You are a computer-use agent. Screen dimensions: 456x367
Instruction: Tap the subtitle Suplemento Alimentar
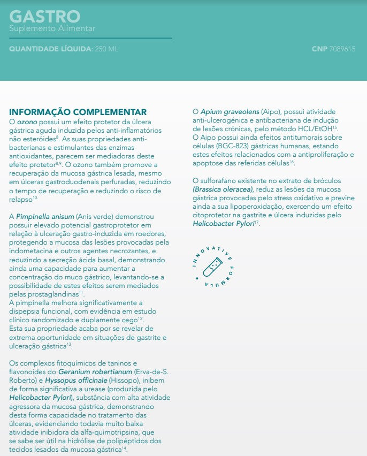(x=52, y=28)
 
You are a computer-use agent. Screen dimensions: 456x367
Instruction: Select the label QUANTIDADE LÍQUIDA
(x=50, y=49)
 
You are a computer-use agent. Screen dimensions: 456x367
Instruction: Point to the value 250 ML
(x=106, y=49)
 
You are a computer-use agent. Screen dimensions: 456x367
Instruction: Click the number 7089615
(x=342, y=49)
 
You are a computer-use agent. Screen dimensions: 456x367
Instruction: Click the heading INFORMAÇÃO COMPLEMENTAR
(x=78, y=112)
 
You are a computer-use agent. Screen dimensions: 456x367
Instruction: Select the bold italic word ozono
(x=27, y=121)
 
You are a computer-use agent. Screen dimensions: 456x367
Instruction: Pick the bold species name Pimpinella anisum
(x=44, y=216)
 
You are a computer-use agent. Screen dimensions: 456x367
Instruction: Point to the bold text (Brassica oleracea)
(x=224, y=189)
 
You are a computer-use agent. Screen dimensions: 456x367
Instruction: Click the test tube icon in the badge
(x=212, y=265)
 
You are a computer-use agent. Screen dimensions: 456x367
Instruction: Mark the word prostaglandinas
(x=52, y=294)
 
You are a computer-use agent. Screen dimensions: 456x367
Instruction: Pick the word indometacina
(x=34, y=250)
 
